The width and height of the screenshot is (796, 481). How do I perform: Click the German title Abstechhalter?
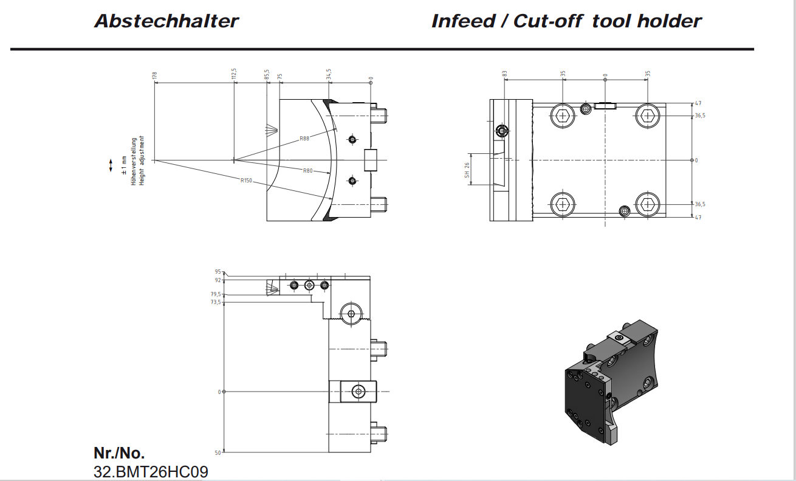[x=166, y=21]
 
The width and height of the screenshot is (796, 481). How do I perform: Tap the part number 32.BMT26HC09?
[x=151, y=471]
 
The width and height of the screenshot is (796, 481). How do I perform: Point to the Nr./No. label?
[x=119, y=453]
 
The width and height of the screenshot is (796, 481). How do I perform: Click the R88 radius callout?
[x=304, y=139]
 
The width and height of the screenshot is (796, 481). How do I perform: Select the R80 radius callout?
[x=308, y=171]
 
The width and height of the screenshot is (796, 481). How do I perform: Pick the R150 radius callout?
[x=246, y=181]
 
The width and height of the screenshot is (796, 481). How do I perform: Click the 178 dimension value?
[x=155, y=75]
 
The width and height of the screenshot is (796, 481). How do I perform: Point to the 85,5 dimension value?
[x=267, y=74]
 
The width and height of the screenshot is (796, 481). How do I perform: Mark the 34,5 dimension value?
[x=329, y=74]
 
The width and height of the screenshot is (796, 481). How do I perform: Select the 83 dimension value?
[x=505, y=74]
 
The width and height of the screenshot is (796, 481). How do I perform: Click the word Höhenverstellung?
[x=134, y=161]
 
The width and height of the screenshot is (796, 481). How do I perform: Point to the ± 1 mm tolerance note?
[x=124, y=165]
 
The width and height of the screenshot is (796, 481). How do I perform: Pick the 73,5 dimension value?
[x=216, y=302]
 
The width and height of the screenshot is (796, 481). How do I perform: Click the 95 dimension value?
[x=218, y=272]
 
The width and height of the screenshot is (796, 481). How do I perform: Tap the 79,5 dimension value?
[x=216, y=294]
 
